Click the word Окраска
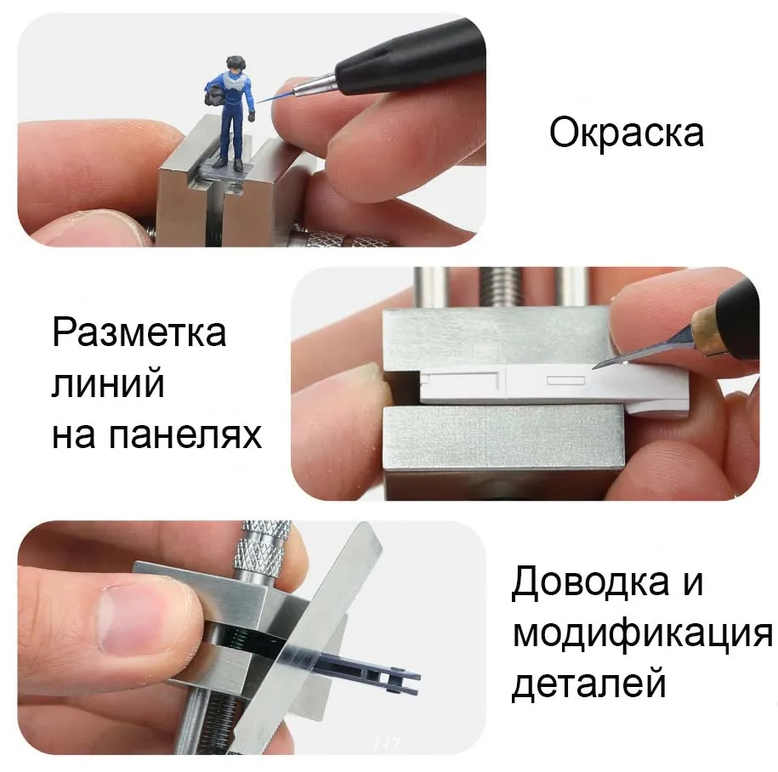tap(626, 132)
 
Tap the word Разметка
tap(139, 332)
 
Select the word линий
tap(108, 383)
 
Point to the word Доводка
tap(590, 582)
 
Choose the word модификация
tap(643, 634)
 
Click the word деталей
tap(588, 684)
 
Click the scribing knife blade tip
tap(593, 367)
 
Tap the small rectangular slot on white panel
tap(566, 381)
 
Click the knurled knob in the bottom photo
tap(263, 550)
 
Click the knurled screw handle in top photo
tap(347, 240)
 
